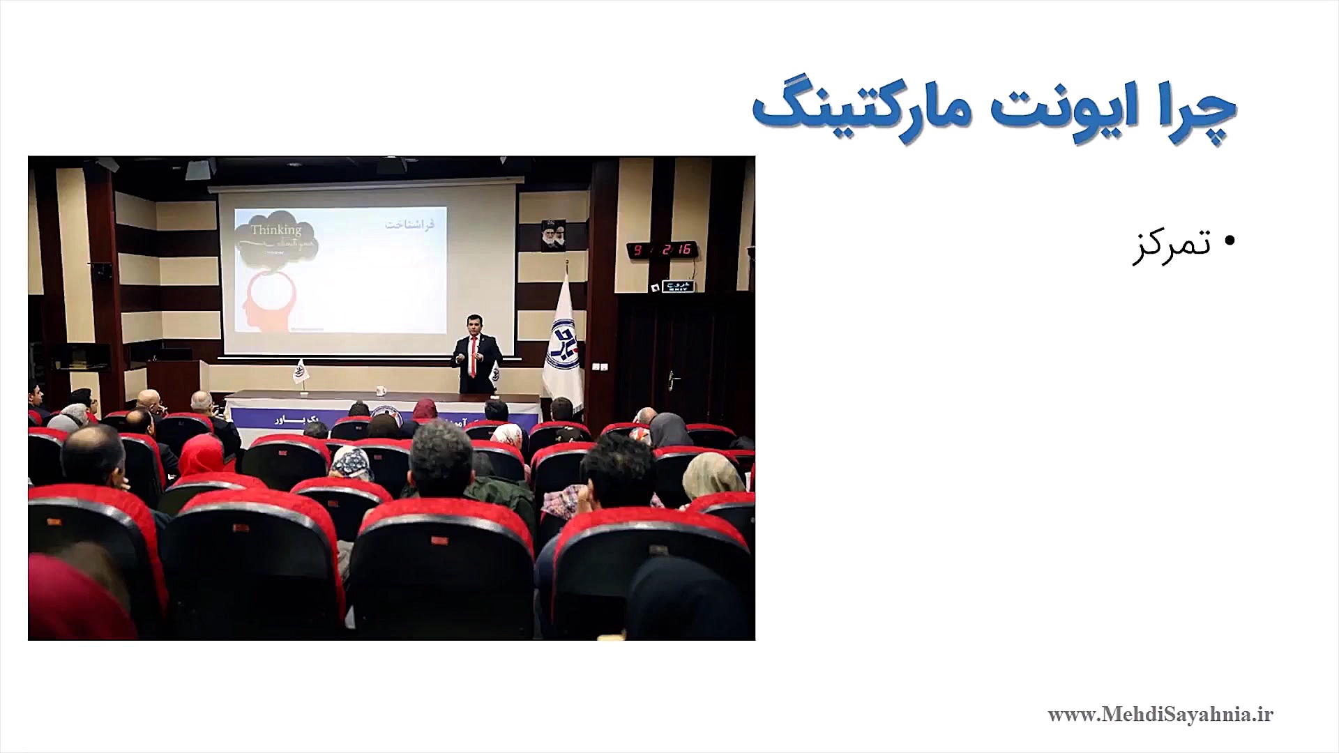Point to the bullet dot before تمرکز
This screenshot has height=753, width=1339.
(1229, 241)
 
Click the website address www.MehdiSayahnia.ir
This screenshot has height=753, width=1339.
(1160, 715)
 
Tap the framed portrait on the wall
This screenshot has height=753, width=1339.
(552, 236)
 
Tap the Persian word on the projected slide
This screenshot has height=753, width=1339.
(409, 225)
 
